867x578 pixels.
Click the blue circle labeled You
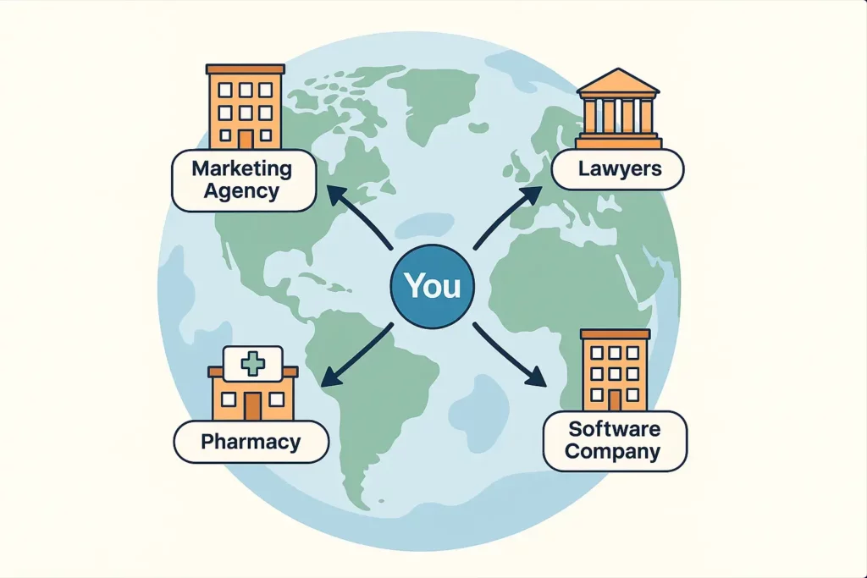pos(433,286)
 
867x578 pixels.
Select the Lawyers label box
pos(618,169)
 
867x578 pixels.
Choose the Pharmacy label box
pos(251,442)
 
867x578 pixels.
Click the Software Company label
pos(614,440)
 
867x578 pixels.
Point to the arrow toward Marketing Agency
pos(360,218)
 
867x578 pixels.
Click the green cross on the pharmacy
pos(252,364)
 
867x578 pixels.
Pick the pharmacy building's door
pos(252,405)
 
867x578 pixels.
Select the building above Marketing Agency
pos(246,106)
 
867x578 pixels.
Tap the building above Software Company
pos(615,371)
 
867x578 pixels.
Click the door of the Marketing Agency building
pos(246,139)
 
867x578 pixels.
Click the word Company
pos(614,452)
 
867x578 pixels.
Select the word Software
pos(614,429)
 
